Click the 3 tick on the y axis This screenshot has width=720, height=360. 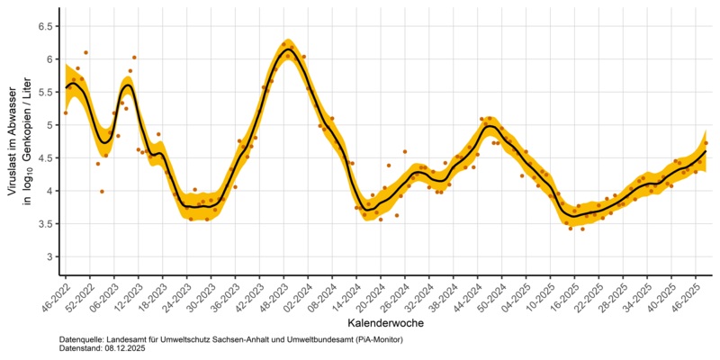click(x=48, y=256)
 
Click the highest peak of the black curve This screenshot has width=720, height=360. click(x=286, y=49)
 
